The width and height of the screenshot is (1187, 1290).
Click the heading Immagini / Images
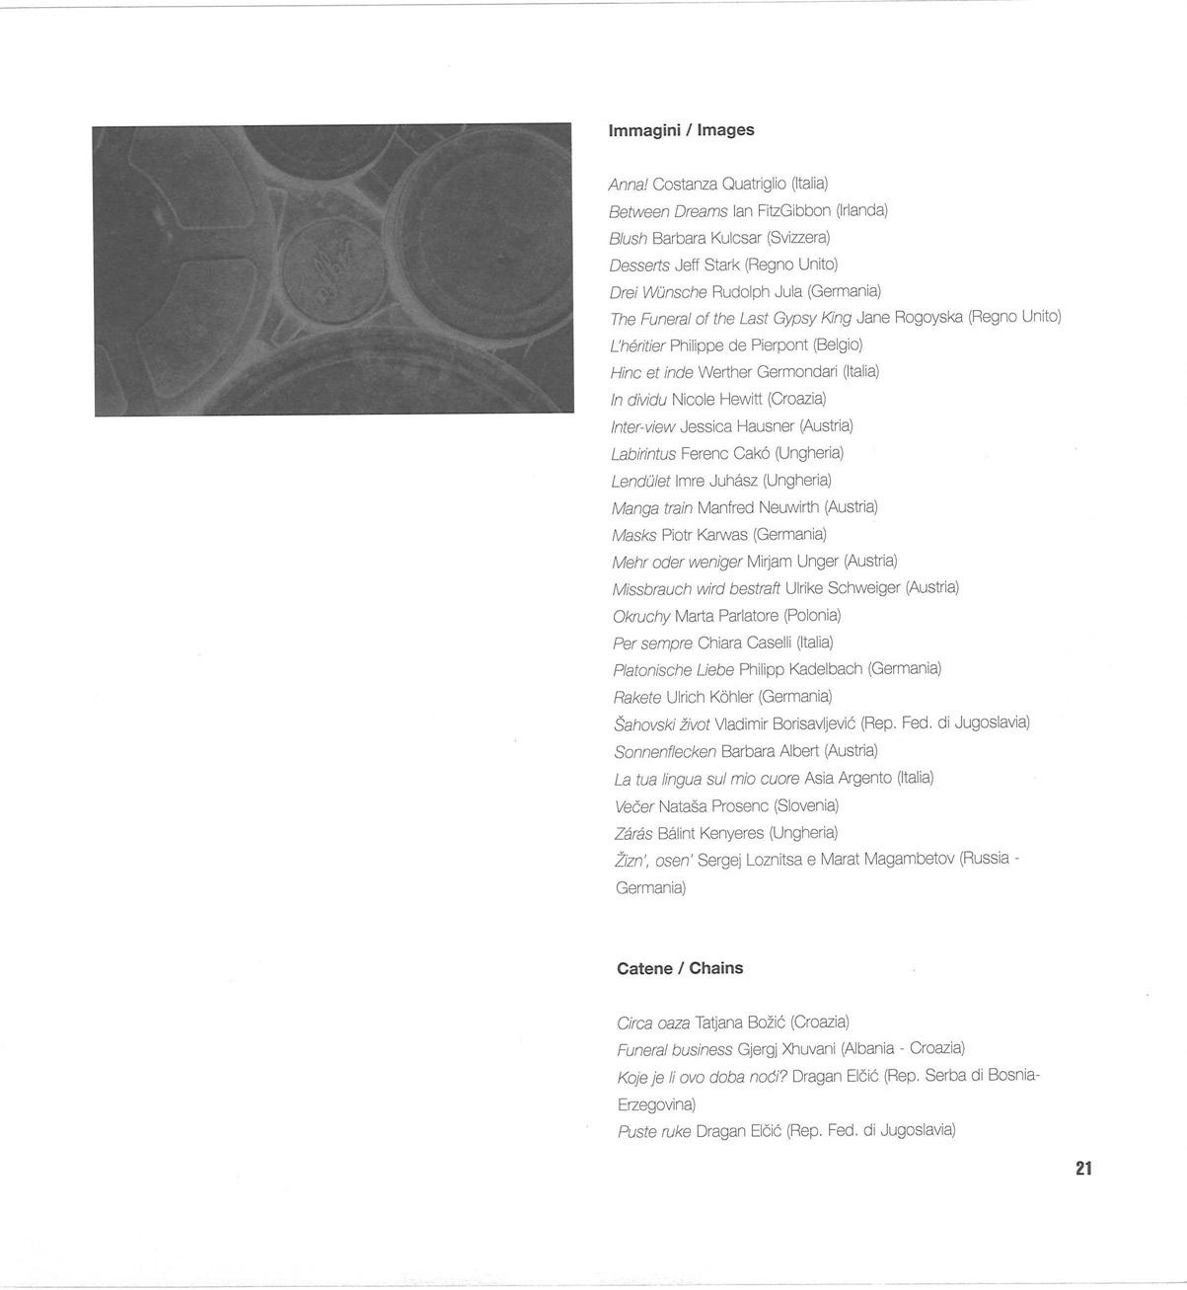point(681,130)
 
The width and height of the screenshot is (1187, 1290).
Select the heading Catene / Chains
point(680,968)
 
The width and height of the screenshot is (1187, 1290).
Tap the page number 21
point(1083,1169)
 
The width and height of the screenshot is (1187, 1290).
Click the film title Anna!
point(629,184)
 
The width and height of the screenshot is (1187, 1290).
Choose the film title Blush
point(629,238)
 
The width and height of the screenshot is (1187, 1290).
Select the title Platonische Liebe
point(674,669)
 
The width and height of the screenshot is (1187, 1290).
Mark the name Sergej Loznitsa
point(749,860)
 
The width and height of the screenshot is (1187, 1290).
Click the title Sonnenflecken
point(665,751)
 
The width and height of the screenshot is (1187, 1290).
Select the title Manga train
point(652,508)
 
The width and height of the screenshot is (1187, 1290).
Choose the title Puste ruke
point(654,1131)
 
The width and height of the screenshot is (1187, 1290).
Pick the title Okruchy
point(641,616)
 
